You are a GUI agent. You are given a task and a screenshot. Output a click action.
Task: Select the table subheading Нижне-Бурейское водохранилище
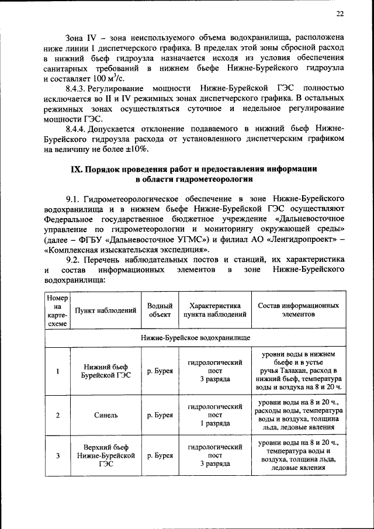(x=195, y=338)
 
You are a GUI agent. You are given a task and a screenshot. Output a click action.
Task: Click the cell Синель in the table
(x=105, y=415)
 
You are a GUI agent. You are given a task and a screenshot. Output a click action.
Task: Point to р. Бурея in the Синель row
(x=160, y=415)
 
